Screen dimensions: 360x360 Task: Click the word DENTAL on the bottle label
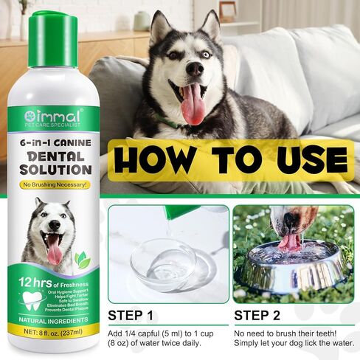(53, 155)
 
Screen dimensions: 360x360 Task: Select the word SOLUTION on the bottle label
(53, 170)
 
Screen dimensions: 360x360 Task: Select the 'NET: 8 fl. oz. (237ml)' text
(53, 333)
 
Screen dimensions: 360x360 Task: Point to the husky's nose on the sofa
(194, 68)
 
